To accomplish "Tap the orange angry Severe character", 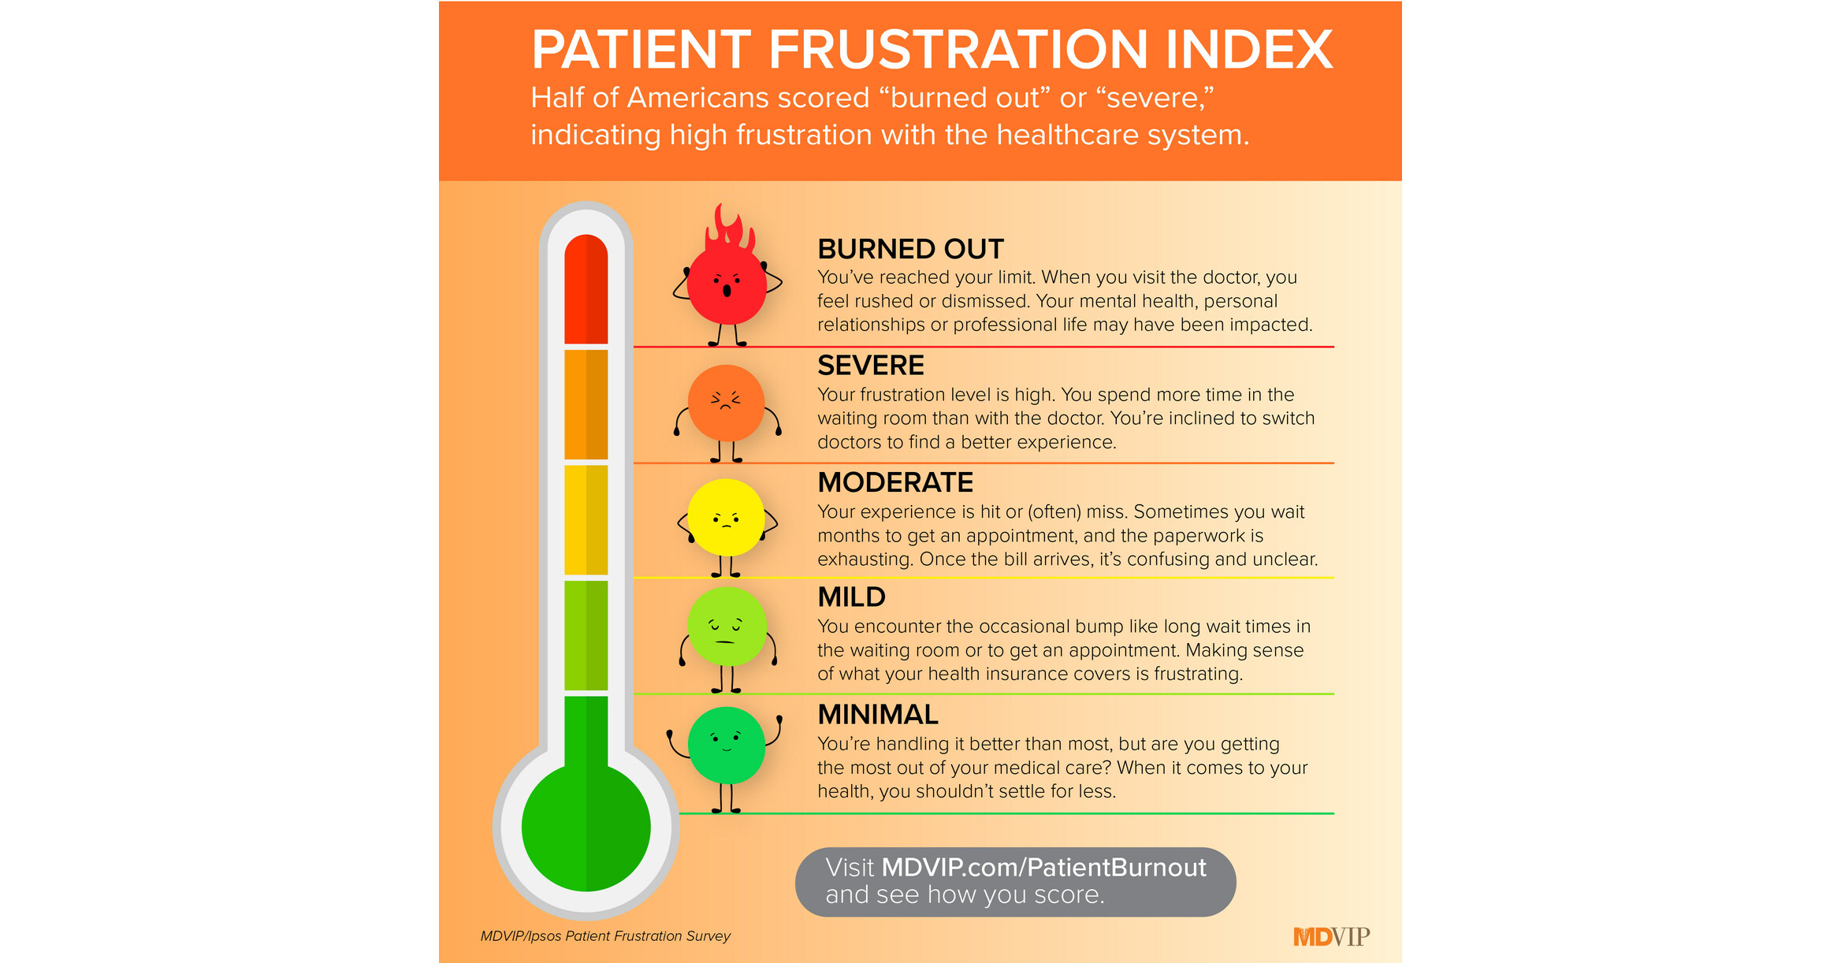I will tap(726, 403).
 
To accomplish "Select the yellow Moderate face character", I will tap(726, 518).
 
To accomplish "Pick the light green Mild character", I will tap(727, 627).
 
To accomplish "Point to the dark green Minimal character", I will tap(726, 745).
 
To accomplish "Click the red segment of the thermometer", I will tap(586, 289).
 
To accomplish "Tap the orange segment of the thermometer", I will tap(586, 403).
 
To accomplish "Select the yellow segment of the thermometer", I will tap(586, 519).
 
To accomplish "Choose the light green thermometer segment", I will tap(586, 635).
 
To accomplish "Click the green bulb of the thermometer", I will tap(586, 827).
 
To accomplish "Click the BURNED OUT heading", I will tap(910, 249).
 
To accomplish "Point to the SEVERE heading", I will tap(870, 366).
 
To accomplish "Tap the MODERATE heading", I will tap(895, 482).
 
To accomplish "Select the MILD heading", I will tap(851, 597).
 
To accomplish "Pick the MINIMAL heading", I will tap(877, 715).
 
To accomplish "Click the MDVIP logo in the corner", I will tap(1331, 936).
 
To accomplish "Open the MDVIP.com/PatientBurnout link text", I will tap(1043, 868).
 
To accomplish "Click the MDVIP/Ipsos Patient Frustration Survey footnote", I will tap(605, 936).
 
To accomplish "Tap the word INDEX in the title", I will tap(1248, 50).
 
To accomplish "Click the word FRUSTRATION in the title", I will tap(958, 50).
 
